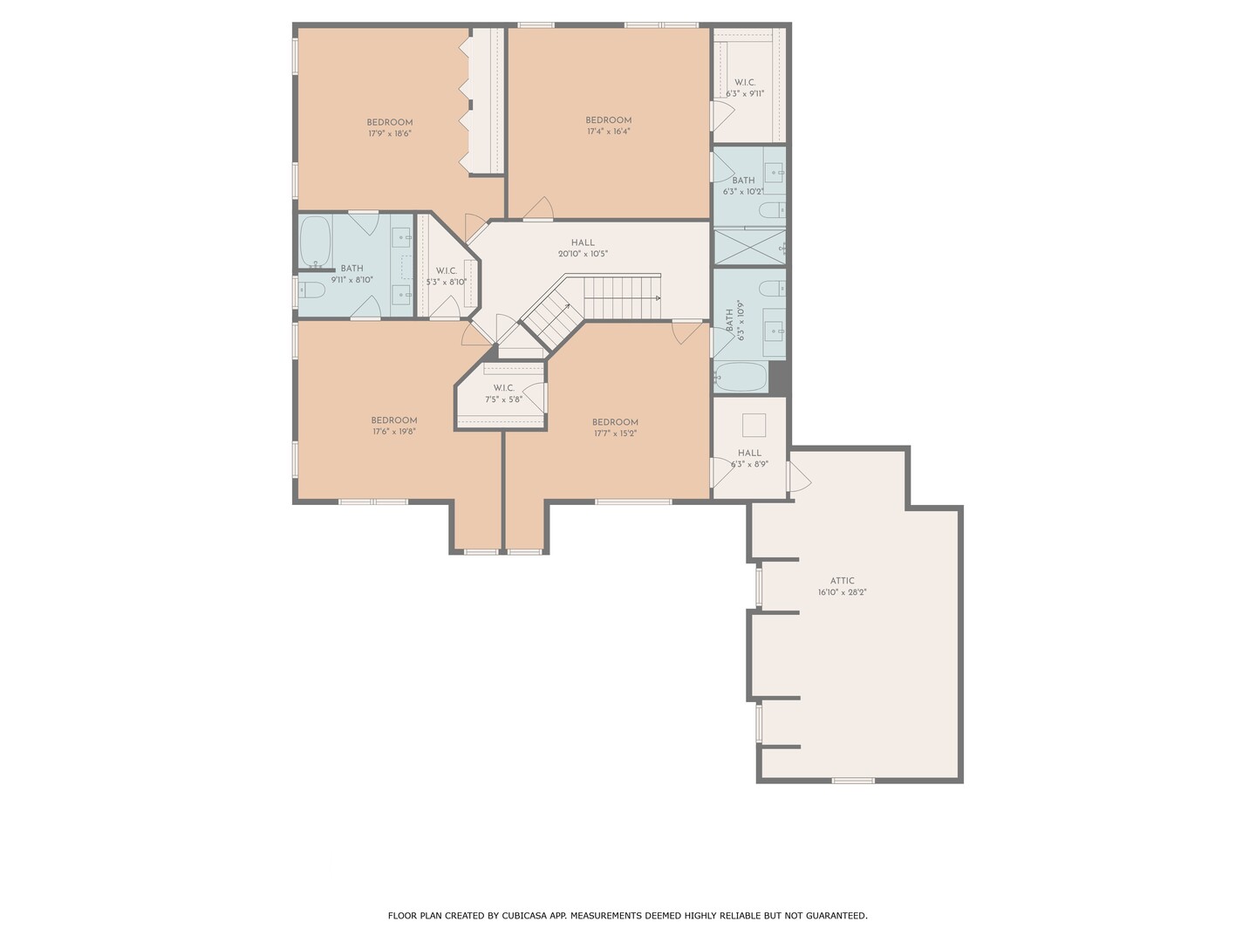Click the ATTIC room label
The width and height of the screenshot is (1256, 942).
pyautogui.click(x=842, y=581)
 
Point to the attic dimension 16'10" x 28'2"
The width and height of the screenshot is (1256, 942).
pyautogui.click(x=843, y=592)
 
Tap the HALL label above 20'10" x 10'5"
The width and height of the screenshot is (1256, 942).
pyautogui.click(x=583, y=242)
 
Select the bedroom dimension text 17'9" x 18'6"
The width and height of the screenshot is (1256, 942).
pyautogui.click(x=390, y=133)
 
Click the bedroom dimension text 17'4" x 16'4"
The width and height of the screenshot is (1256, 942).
pyautogui.click(x=608, y=132)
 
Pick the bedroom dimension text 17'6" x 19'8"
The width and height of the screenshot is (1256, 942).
pyautogui.click(x=393, y=432)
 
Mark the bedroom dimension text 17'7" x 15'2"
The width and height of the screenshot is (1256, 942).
pyautogui.click(x=615, y=433)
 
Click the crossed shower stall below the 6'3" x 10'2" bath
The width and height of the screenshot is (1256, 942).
pyautogui.click(x=749, y=247)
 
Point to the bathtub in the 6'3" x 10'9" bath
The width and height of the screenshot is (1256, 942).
pyautogui.click(x=741, y=377)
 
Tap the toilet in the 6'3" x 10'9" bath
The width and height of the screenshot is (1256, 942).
pyautogui.click(x=773, y=288)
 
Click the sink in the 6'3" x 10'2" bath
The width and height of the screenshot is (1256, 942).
pyautogui.click(x=775, y=172)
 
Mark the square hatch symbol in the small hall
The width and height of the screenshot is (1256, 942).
pyautogui.click(x=754, y=425)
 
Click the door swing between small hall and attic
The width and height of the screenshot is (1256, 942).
pyautogui.click(x=800, y=476)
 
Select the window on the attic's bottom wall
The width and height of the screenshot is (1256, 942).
pyautogui.click(x=853, y=780)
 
